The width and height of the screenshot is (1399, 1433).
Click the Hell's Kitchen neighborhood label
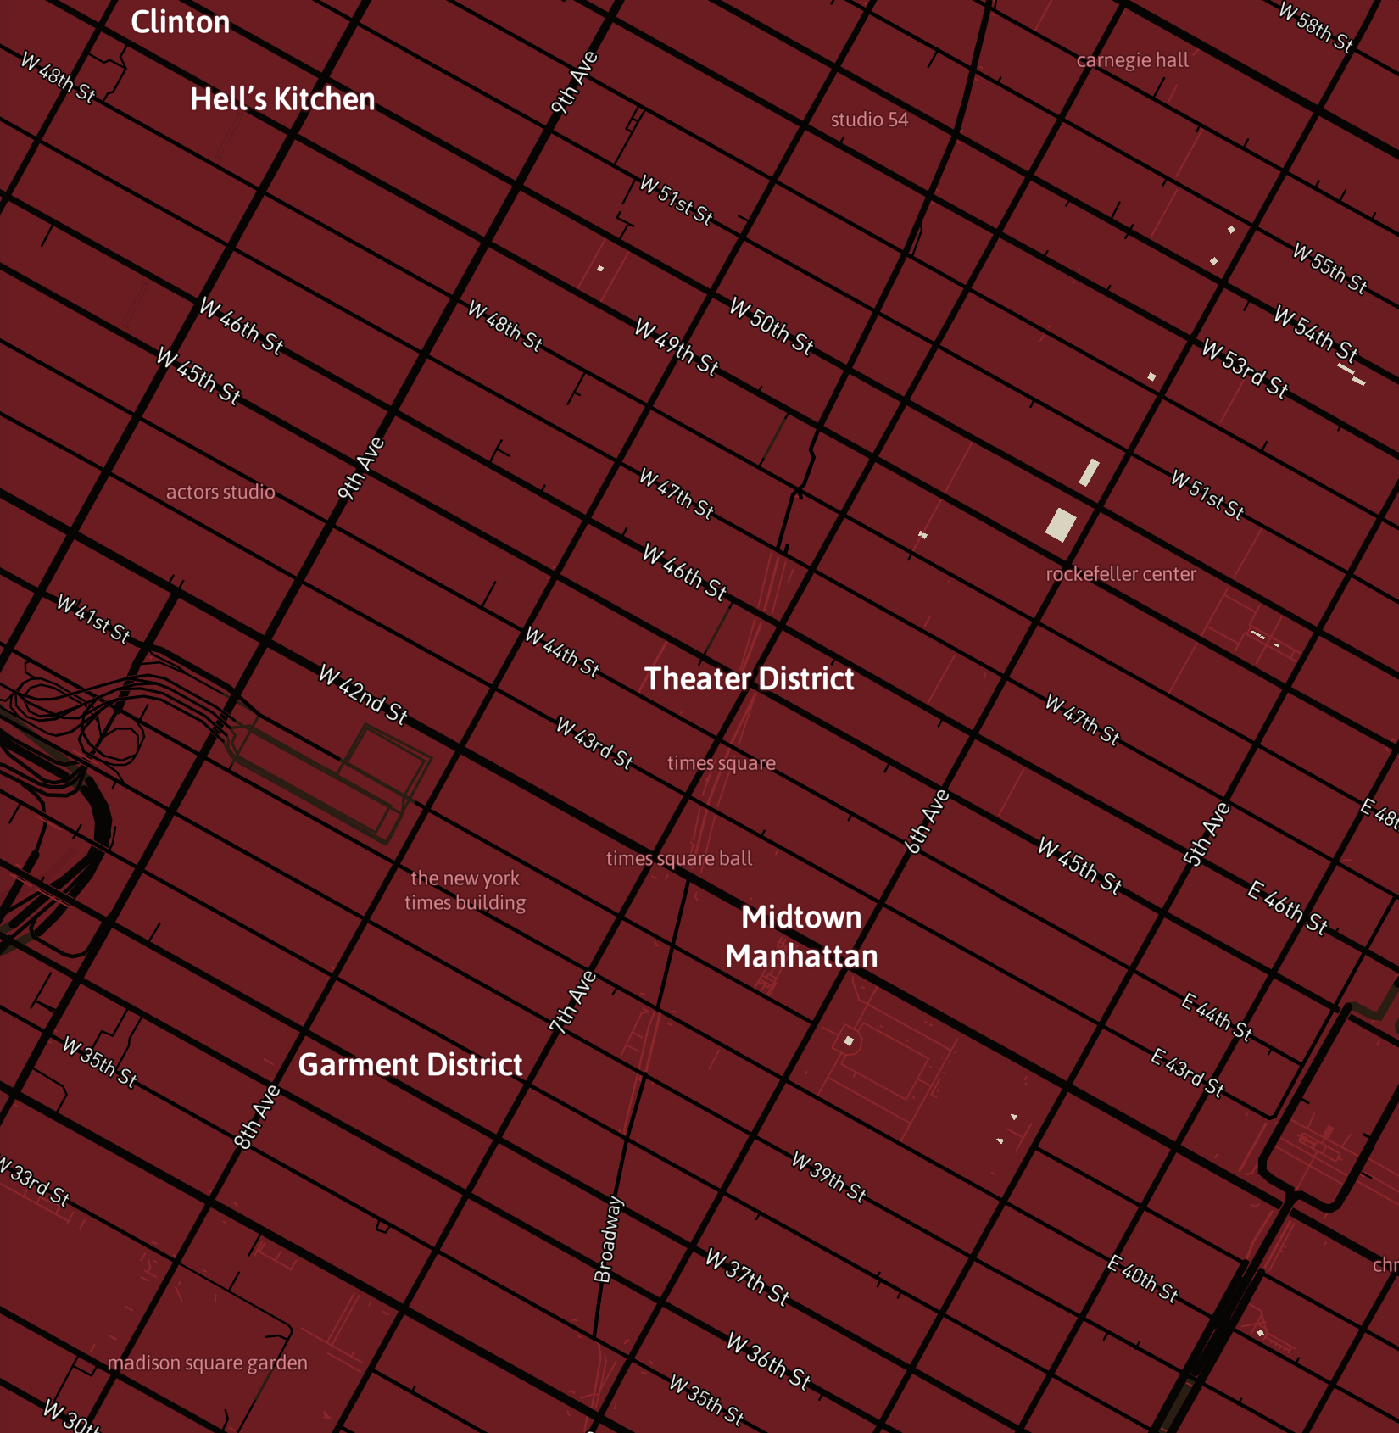282,99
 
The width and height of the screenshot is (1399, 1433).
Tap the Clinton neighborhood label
180,22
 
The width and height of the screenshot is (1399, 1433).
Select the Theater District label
749,678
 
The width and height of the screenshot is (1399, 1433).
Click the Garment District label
410,1064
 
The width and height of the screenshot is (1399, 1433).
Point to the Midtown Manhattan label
801,936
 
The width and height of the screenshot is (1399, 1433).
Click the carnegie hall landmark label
1132,60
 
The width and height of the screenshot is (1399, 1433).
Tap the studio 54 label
869,120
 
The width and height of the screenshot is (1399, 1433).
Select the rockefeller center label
1121,574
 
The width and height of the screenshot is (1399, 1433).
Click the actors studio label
220,492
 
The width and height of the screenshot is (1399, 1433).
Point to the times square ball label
679,858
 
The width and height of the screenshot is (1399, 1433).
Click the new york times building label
465,890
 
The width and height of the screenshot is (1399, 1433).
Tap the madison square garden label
207,1363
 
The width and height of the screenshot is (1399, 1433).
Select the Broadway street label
608,1240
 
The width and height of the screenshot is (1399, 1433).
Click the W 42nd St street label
363,694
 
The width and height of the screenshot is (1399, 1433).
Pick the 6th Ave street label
927,821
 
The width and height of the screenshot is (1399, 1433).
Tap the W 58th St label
1315,27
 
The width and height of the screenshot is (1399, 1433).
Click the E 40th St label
1143,1279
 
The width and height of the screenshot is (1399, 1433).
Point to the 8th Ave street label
257,1117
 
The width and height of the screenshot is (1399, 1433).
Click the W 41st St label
93,619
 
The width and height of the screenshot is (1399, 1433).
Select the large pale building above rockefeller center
1061,524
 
